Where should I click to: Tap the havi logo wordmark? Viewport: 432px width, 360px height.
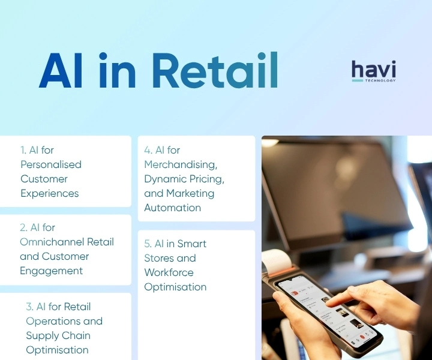click(373, 69)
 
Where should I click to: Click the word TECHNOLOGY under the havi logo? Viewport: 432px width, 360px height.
click(379, 80)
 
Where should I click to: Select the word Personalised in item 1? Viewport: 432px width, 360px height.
click(51, 164)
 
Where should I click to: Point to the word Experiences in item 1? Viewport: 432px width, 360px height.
click(50, 193)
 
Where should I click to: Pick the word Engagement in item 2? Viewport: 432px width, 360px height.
click(52, 271)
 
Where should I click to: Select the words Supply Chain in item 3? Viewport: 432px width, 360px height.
click(58, 335)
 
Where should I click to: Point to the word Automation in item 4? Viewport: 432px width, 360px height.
click(173, 208)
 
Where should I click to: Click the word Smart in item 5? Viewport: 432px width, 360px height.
click(192, 244)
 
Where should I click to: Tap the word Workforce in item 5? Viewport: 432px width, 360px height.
click(169, 272)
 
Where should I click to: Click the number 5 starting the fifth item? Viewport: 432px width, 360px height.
click(147, 244)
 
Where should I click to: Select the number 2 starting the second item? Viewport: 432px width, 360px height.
click(23, 227)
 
